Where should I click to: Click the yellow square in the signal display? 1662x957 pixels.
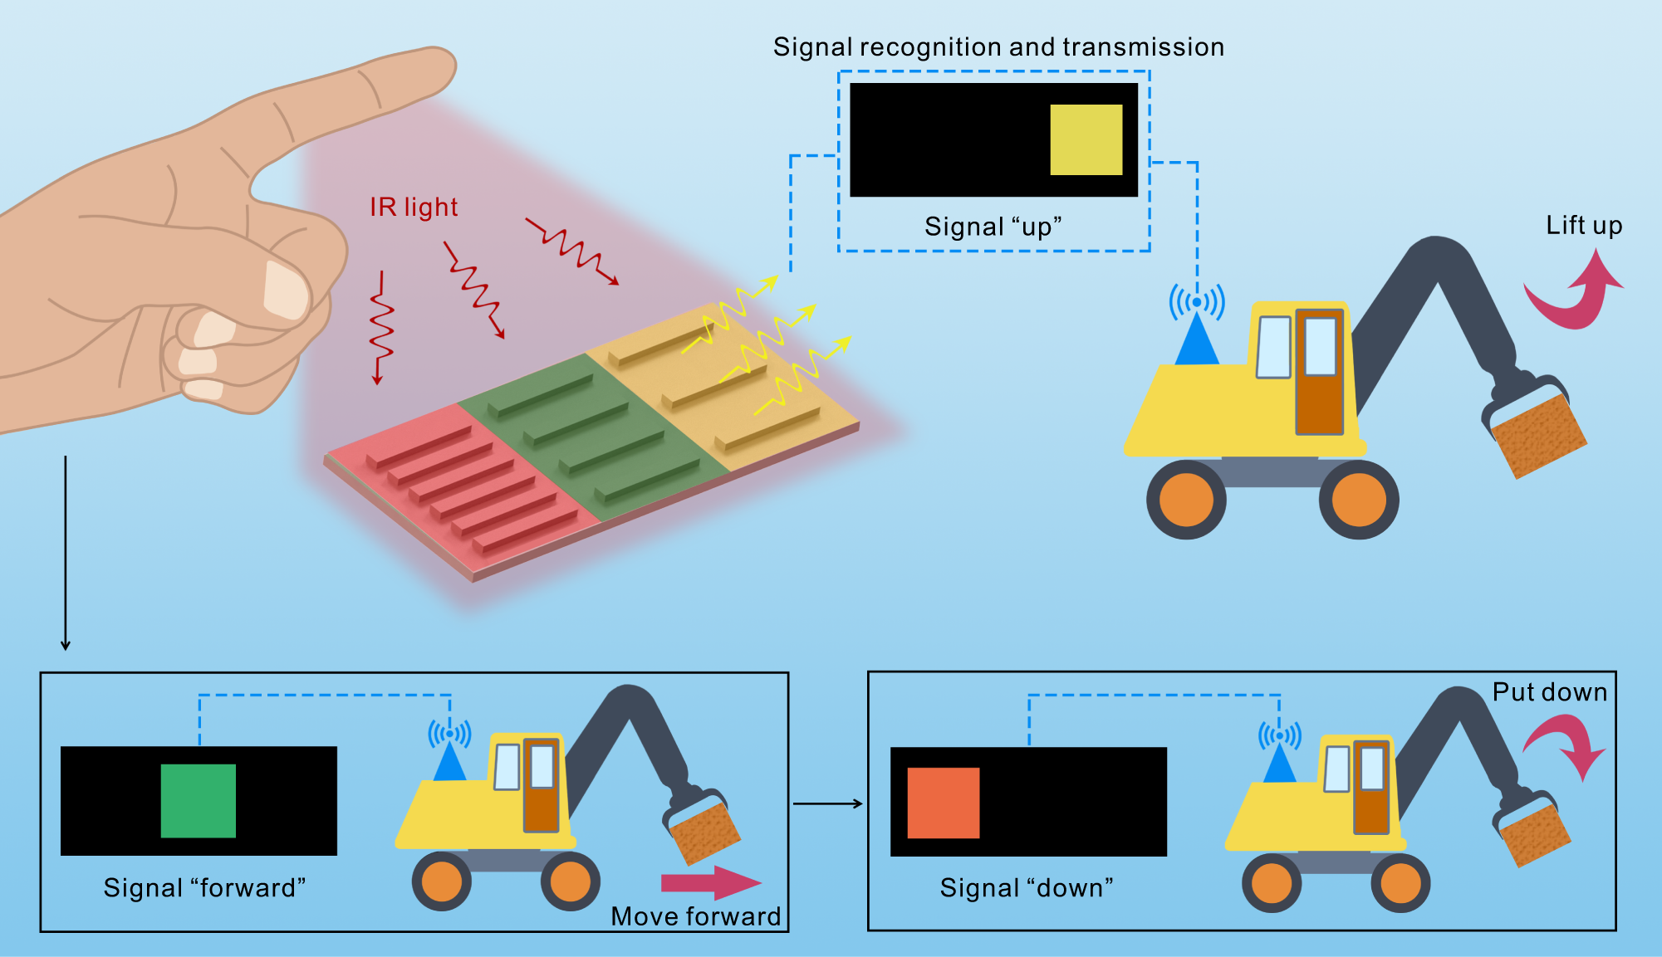pos(1086,139)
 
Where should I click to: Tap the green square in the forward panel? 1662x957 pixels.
pos(198,800)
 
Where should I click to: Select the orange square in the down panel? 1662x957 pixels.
pos(943,803)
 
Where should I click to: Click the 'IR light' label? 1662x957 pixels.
pos(414,207)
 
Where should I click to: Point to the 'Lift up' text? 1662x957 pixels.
pos(1583,225)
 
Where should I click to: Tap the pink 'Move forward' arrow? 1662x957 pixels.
pos(710,882)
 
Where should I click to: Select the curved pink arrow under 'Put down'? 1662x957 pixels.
pos(1566,743)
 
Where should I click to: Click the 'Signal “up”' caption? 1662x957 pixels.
pos(993,227)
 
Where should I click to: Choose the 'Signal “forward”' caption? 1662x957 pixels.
pos(204,888)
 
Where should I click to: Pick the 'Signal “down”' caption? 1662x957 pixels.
pos(1026,888)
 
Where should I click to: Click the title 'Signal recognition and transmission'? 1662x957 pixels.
pos(998,47)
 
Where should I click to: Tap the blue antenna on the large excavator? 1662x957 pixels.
pos(1197,340)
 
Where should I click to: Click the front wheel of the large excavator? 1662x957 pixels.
pos(1358,500)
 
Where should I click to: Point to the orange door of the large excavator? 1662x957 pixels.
pos(1319,374)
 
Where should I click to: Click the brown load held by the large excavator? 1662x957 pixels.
pos(1538,435)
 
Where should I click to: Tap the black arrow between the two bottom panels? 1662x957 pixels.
pos(827,803)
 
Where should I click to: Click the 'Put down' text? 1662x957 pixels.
pos(1549,692)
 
